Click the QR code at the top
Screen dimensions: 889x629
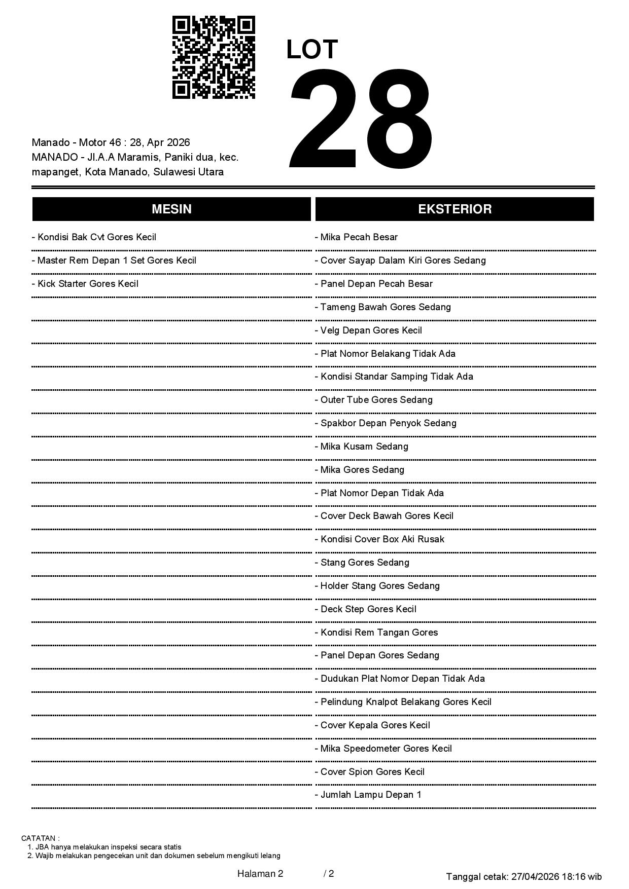(214, 57)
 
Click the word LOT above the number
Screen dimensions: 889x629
(312, 50)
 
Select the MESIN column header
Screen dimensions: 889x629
(171, 209)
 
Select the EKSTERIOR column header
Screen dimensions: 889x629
(455, 209)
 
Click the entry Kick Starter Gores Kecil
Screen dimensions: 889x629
(85, 284)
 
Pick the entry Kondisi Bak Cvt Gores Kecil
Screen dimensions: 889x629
(94, 237)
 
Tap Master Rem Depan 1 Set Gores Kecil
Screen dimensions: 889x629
(114, 261)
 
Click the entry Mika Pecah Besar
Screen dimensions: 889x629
(356, 237)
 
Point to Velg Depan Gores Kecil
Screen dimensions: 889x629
(368, 330)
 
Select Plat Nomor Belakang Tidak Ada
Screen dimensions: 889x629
(385, 354)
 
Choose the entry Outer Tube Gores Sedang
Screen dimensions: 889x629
(373, 400)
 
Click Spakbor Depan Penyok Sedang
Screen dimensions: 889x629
(386, 423)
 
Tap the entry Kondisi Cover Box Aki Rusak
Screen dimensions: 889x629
(379, 539)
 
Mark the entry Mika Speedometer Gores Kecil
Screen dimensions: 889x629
(383, 749)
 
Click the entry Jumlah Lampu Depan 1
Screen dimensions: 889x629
(368, 795)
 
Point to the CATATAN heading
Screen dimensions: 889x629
(41, 838)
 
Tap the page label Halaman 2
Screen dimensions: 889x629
(260, 873)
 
